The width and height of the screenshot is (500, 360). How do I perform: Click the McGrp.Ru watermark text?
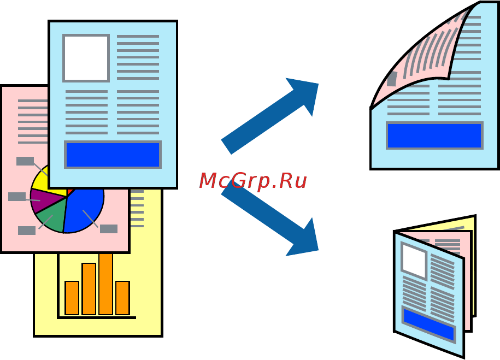[x=252, y=181]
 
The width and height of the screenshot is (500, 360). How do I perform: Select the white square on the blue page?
[x=86, y=58]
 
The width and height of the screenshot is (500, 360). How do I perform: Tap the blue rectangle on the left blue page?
[x=113, y=155]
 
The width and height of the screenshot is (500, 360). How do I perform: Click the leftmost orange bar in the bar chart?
[x=72, y=298]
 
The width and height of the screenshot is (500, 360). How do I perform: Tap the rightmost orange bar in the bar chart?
[x=122, y=298]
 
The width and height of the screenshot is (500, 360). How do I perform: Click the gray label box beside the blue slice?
[x=109, y=229]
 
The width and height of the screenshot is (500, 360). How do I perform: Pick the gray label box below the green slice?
[x=27, y=231]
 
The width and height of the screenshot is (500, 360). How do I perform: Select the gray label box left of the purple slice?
[x=17, y=197]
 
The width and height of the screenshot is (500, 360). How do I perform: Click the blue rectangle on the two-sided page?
[x=434, y=135]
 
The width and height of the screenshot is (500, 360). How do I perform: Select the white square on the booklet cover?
[x=414, y=260]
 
